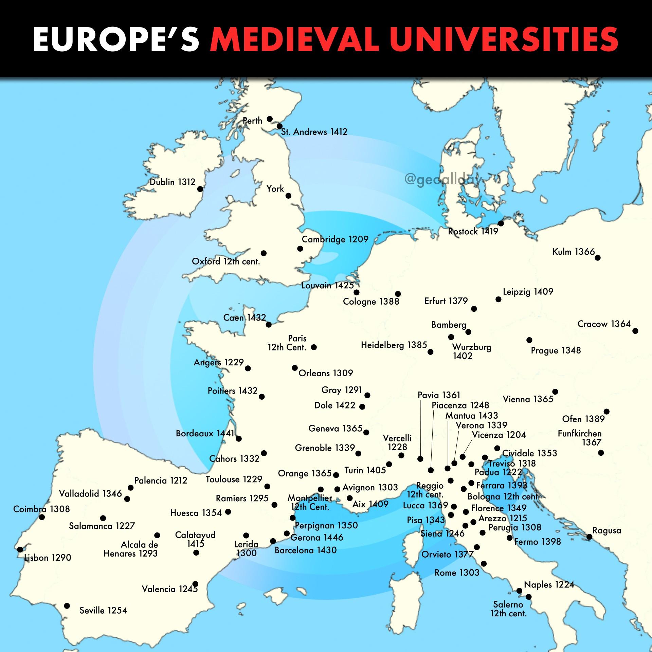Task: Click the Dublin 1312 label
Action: (x=173, y=182)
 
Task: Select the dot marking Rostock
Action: (x=501, y=223)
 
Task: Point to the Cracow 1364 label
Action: (x=604, y=324)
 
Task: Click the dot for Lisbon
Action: (x=20, y=549)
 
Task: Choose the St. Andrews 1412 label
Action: (x=314, y=132)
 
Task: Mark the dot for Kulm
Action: (x=598, y=258)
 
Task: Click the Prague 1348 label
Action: (x=556, y=350)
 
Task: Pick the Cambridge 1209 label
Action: (x=335, y=239)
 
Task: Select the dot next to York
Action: (x=289, y=196)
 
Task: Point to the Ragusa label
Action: (x=606, y=530)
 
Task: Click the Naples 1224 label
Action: (x=549, y=584)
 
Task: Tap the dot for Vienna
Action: (x=555, y=392)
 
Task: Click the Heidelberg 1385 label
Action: (x=394, y=345)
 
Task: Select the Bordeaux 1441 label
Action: (x=205, y=434)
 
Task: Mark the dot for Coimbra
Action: (x=42, y=517)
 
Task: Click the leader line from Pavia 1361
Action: (x=420, y=428)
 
